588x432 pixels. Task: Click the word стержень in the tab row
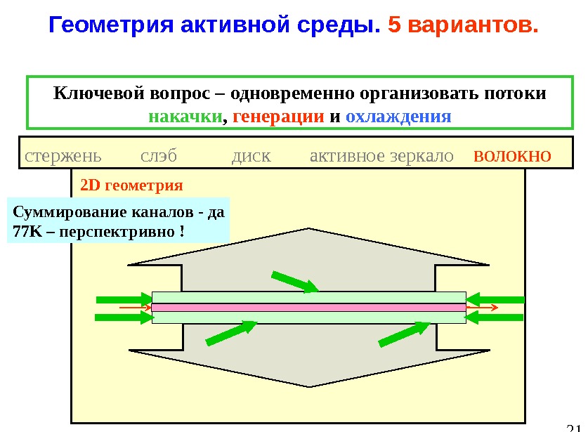click(x=62, y=155)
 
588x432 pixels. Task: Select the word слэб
click(x=159, y=155)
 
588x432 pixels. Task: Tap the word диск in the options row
click(x=251, y=155)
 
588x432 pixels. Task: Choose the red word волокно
click(x=512, y=155)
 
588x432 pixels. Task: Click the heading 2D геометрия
click(x=132, y=186)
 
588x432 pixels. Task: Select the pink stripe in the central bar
click(x=309, y=308)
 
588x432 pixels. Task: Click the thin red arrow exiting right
click(x=483, y=308)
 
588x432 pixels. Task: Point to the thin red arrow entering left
click(x=135, y=308)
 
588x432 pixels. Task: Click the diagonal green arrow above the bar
click(x=294, y=281)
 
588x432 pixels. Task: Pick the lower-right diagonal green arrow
click(x=404, y=333)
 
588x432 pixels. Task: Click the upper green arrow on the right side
click(x=495, y=300)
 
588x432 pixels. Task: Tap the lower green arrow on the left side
click(x=124, y=318)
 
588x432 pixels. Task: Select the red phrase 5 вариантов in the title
click(x=463, y=26)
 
